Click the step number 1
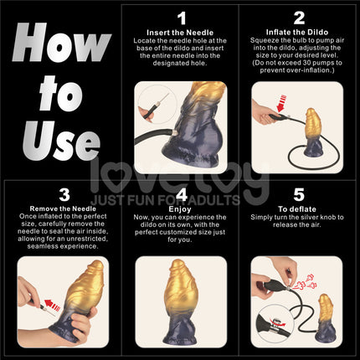182,16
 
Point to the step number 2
299,16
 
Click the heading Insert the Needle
182,31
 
